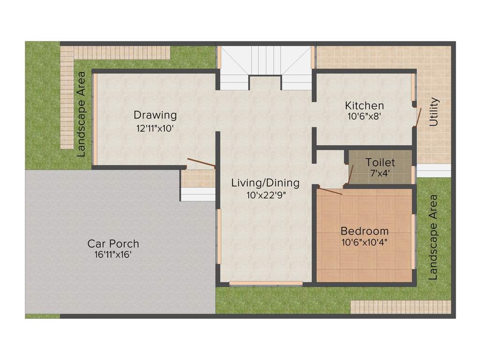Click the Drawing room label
coord(155,115)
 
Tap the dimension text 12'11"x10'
coord(155,128)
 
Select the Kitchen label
coord(364,105)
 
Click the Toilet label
coord(380,163)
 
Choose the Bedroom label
coord(364,231)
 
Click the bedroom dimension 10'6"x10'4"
coord(364,242)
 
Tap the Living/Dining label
coord(265,183)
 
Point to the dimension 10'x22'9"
coord(265,195)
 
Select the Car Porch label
coord(113,244)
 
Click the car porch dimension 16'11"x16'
coord(113,255)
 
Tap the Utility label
coord(434,112)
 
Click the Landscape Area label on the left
coord(81,114)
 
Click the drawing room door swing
coord(201,163)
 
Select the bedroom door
coord(330,190)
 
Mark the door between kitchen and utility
coord(418,117)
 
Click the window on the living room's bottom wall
coord(266,283)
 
